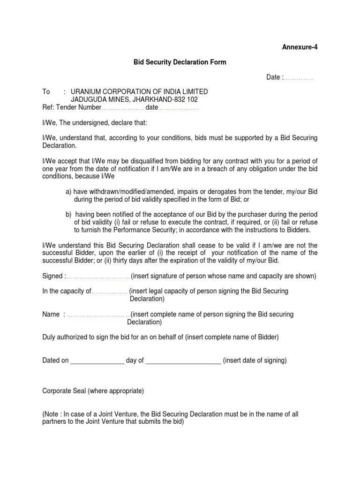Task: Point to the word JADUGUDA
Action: pos(87,100)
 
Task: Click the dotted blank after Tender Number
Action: pos(122,108)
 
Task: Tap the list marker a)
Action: pos(68,192)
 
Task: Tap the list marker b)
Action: pos(68,214)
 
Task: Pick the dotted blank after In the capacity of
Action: pos(109,292)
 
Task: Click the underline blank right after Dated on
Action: pos(97,361)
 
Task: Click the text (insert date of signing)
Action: pos(255,361)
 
